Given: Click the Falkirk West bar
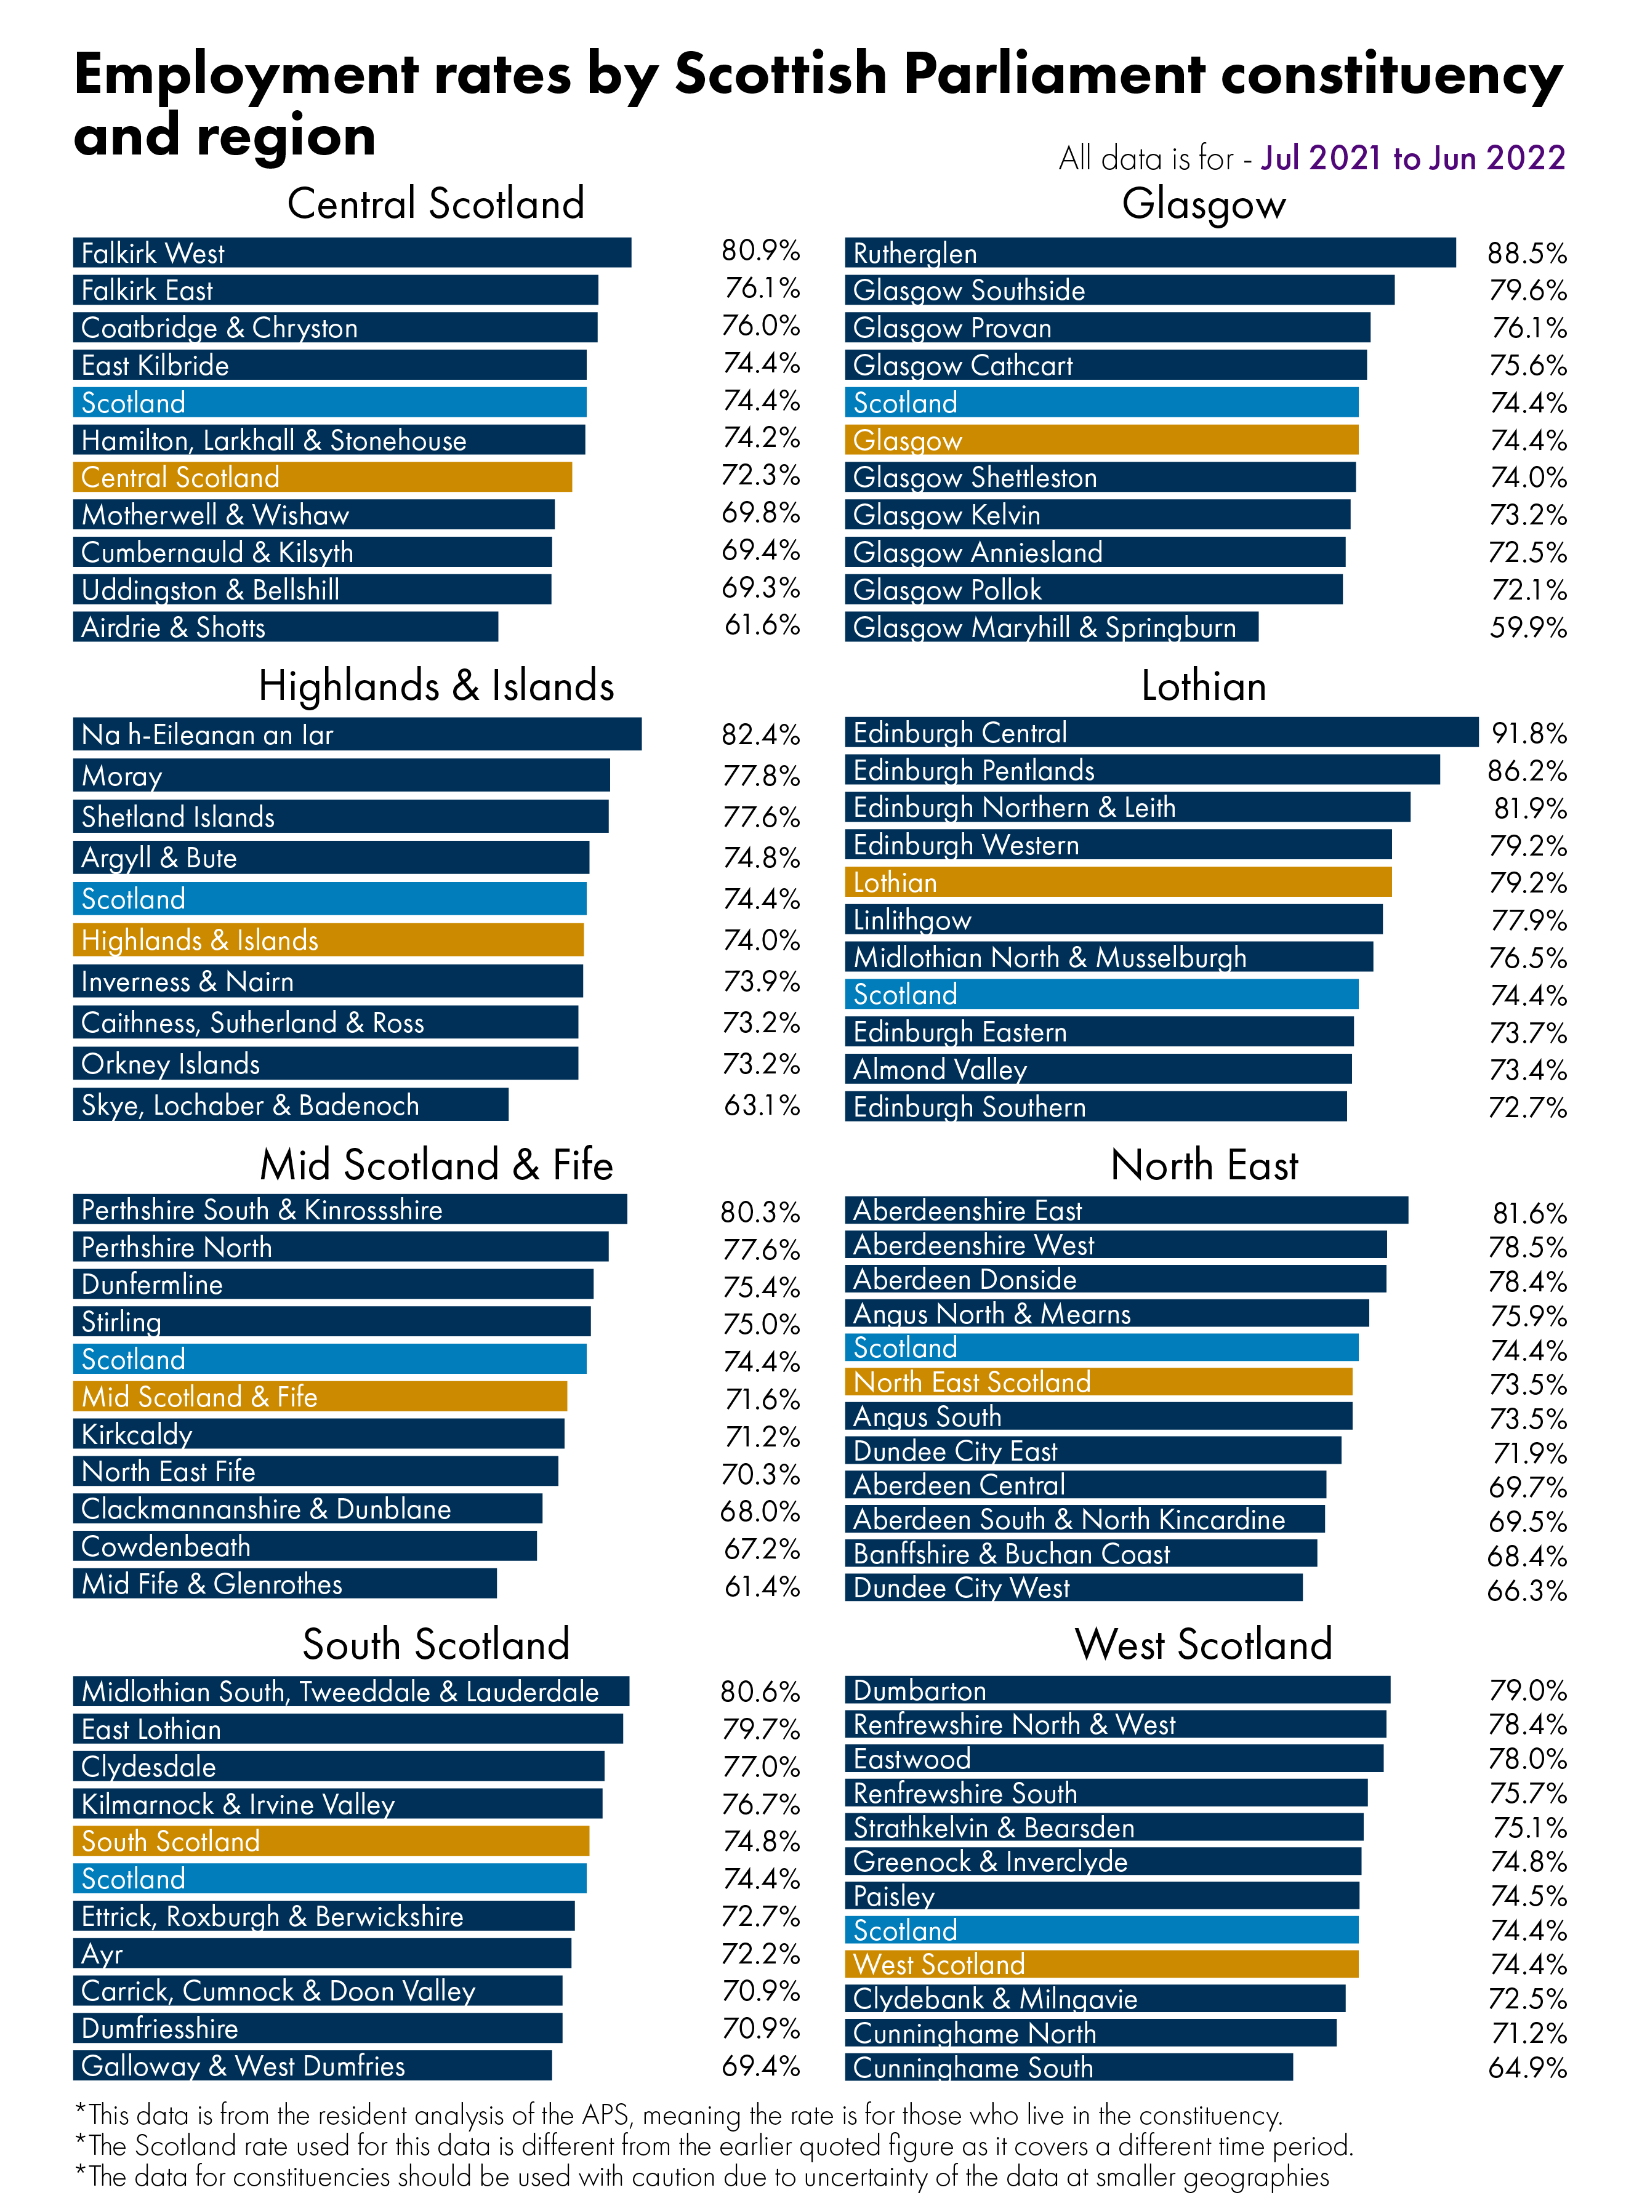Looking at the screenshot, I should click(352, 252).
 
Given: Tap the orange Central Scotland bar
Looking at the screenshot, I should click(322, 477).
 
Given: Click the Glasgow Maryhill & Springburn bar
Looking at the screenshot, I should click(1050, 627).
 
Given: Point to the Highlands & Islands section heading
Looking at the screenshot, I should click(435, 686).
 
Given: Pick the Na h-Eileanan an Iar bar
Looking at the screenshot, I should click(357, 734).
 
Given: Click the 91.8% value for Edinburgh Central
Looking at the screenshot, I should click(1529, 733).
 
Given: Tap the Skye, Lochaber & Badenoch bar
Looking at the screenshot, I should click(290, 1104).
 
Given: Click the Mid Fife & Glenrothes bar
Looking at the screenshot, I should click(284, 1583).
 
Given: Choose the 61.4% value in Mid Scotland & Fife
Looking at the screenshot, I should click(762, 1586).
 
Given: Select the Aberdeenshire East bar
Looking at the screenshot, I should click(1125, 1210).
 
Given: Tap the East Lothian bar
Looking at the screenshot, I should click(348, 1729).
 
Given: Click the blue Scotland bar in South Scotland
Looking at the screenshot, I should click(329, 1878).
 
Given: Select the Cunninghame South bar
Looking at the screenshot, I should click(1068, 2067).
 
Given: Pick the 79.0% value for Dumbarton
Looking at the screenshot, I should click(1527, 1690).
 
